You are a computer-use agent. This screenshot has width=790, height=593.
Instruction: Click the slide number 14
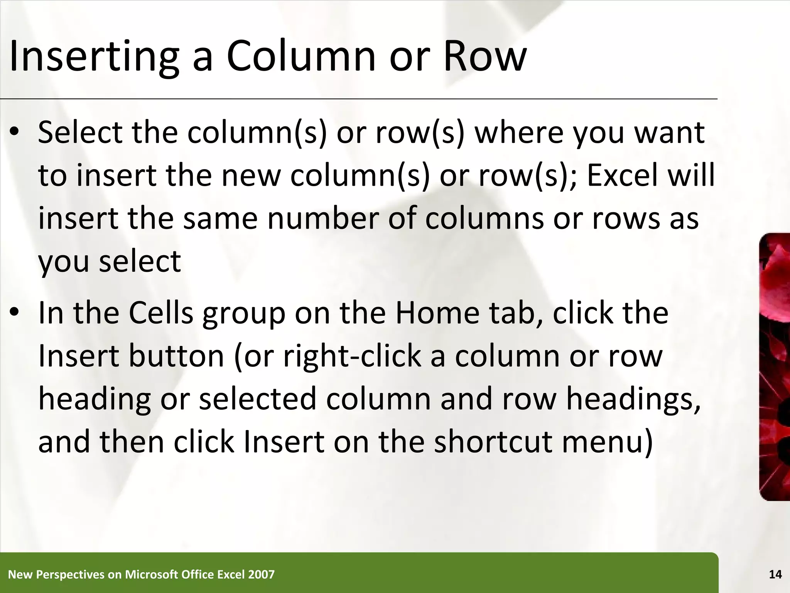(775, 574)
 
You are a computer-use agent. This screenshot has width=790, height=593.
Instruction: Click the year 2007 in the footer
(262, 574)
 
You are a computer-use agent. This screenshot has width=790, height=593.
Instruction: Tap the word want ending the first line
(670, 132)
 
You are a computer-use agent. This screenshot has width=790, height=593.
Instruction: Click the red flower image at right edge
(775, 367)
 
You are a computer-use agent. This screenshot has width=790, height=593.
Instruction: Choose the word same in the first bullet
(220, 218)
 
